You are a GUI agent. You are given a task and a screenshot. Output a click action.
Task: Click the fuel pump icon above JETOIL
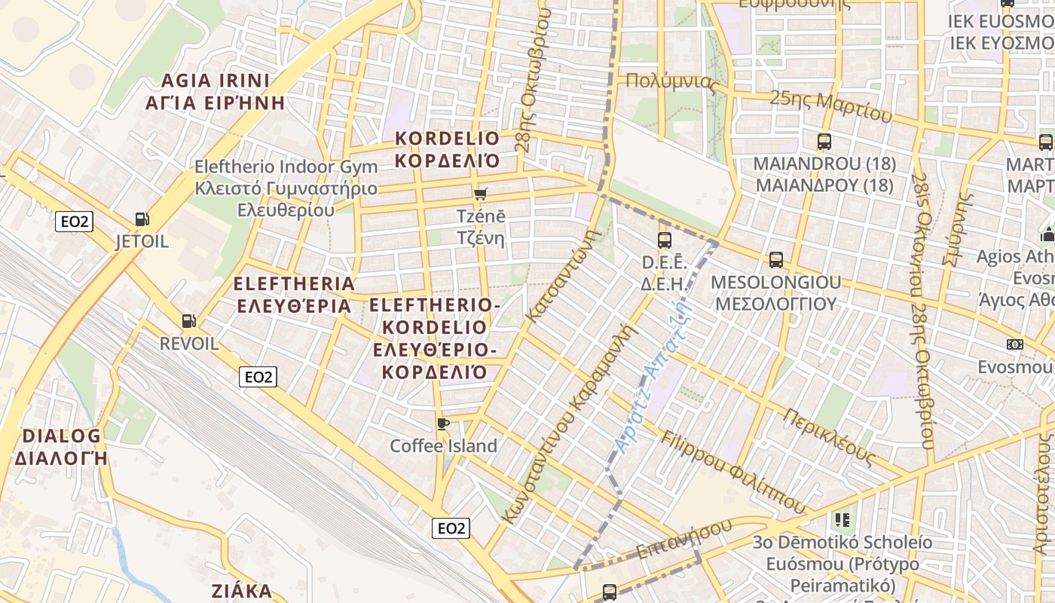pyautogui.click(x=142, y=219)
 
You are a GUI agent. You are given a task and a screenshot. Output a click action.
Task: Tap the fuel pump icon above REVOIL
pyautogui.click(x=189, y=320)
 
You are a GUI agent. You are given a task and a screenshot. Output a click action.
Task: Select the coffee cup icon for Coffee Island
pyautogui.click(x=443, y=423)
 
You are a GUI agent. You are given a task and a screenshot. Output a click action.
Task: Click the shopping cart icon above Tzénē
pyautogui.click(x=481, y=194)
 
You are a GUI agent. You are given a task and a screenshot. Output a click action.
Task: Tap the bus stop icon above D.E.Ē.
pyautogui.click(x=664, y=240)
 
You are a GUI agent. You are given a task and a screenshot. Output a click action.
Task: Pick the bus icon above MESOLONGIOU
pyautogui.click(x=775, y=260)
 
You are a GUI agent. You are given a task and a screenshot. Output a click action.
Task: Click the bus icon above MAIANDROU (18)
pyautogui.click(x=824, y=141)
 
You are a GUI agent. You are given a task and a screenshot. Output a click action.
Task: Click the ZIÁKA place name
pyautogui.click(x=241, y=590)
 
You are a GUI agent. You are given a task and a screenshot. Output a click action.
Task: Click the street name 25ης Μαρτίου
pyautogui.click(x=830, y=106)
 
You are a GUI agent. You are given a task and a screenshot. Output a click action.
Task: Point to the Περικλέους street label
pyautogui.click(x=829, y=437)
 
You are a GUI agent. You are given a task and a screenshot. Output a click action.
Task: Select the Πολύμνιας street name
pyautogui.click(x=671, y=81)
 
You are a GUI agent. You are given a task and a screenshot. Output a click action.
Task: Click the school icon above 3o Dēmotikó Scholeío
pyautogui.click(x=842, y=519)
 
